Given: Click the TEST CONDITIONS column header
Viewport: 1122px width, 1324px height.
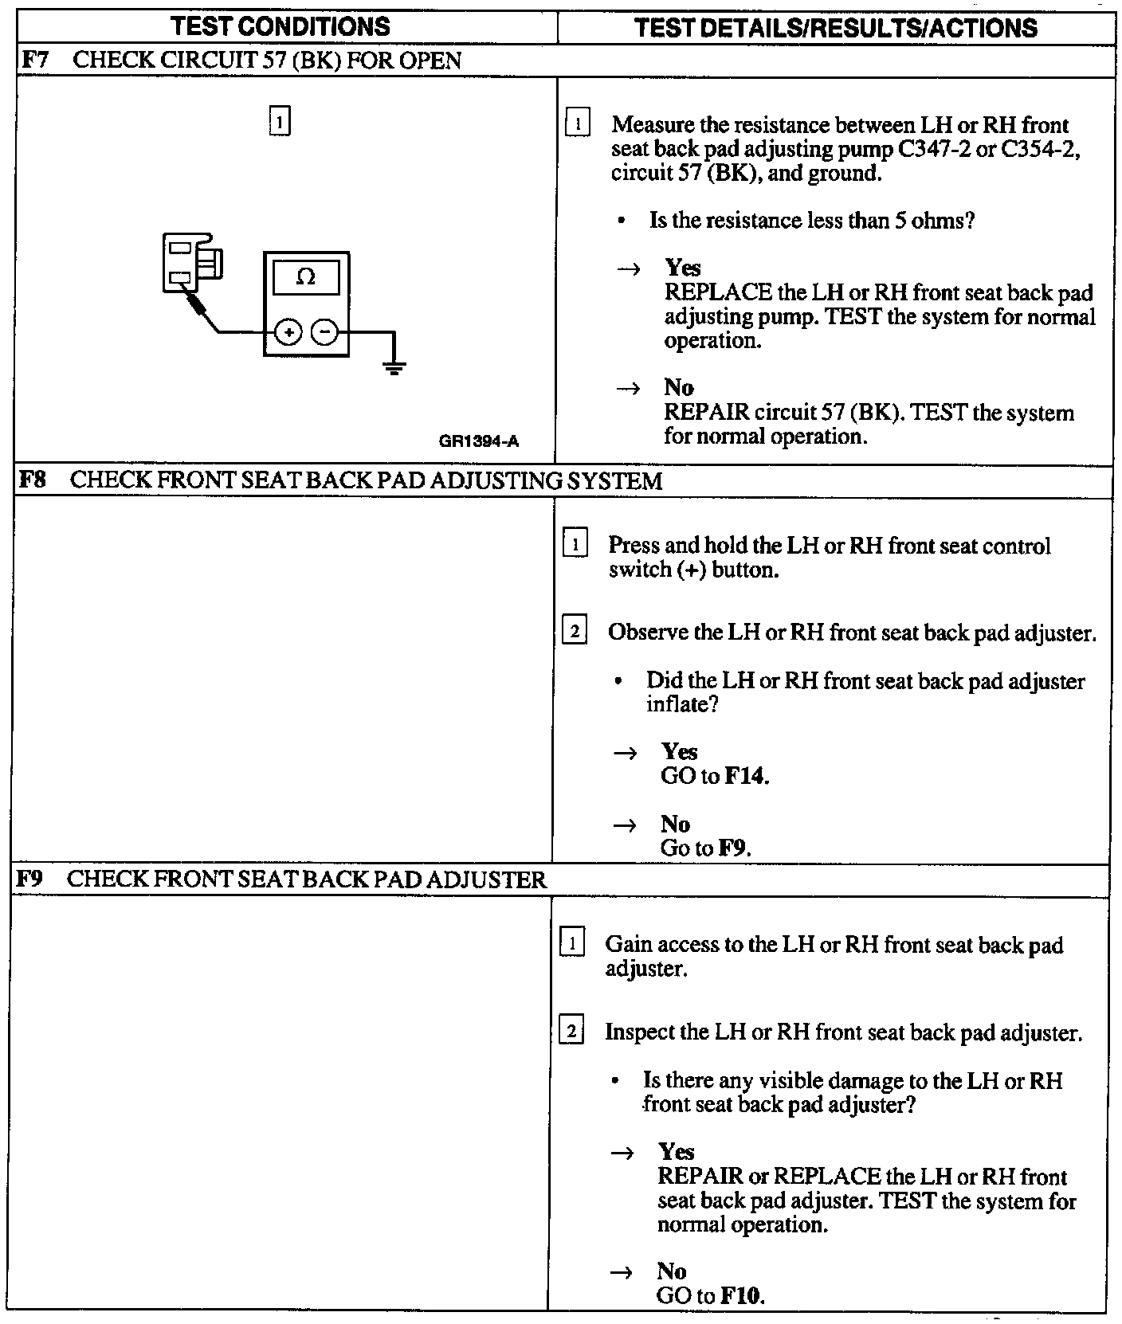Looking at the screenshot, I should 280,27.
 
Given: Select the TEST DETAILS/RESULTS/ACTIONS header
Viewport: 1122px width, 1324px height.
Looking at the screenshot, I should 836,29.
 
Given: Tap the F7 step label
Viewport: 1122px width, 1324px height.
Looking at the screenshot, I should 33,61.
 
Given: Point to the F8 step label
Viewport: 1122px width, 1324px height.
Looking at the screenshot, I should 32,480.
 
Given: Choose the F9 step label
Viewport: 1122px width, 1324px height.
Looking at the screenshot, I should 29,879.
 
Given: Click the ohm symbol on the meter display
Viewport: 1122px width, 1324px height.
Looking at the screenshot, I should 305,277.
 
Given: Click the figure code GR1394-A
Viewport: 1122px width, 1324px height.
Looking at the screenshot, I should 479,441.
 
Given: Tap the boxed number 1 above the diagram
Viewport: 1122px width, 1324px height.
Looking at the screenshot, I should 280,121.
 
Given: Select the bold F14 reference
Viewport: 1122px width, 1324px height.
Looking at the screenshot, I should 747,776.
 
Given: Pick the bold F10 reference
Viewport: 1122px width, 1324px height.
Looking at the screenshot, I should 742,1296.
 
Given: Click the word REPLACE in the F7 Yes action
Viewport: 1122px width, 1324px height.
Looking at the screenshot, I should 718,292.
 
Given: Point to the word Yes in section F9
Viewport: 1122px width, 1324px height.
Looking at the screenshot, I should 676,1152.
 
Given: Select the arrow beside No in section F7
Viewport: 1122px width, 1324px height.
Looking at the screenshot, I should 629,389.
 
